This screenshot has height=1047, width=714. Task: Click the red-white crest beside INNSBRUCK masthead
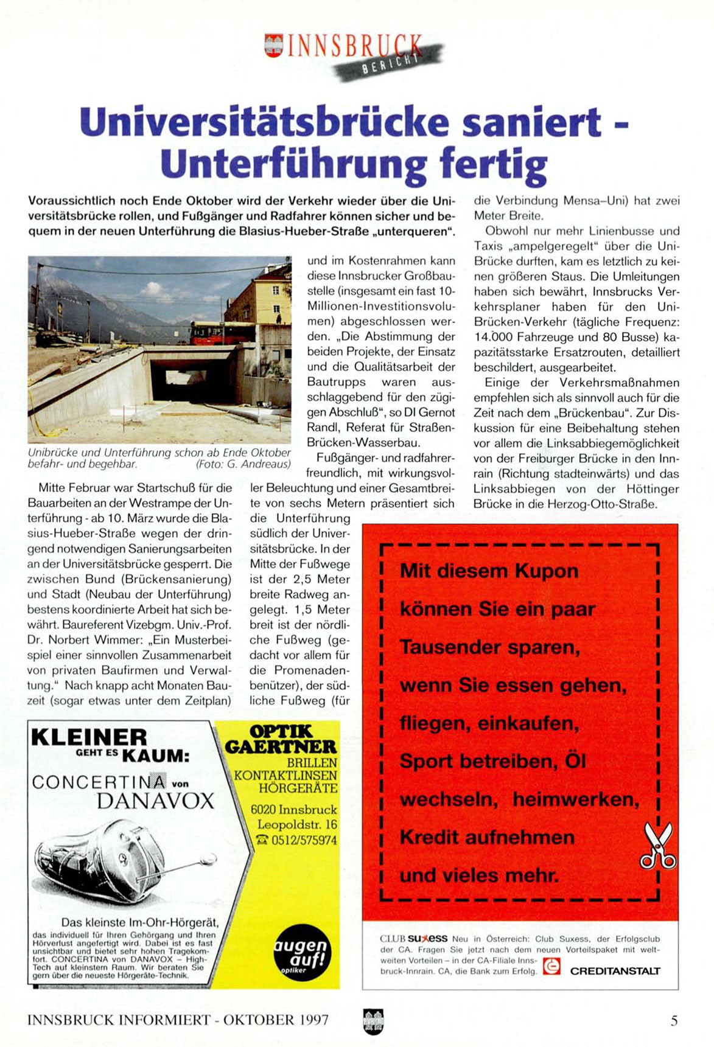(x=275, y=46)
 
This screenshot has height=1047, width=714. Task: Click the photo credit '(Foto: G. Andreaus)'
(x=243, y=464)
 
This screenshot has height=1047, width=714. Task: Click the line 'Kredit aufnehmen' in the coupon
(x=487, y=838)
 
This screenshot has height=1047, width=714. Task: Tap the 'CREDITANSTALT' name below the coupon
(x=615, y=971)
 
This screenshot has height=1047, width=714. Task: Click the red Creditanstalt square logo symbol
(x=551, y=966)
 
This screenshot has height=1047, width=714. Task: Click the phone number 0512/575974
(x=296, y=840)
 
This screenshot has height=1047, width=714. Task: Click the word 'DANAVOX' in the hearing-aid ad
(x=155, y=801)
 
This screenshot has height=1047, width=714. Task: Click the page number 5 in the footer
(x=674, y=1020)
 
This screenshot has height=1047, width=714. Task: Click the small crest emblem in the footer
(x=373, y=1020)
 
